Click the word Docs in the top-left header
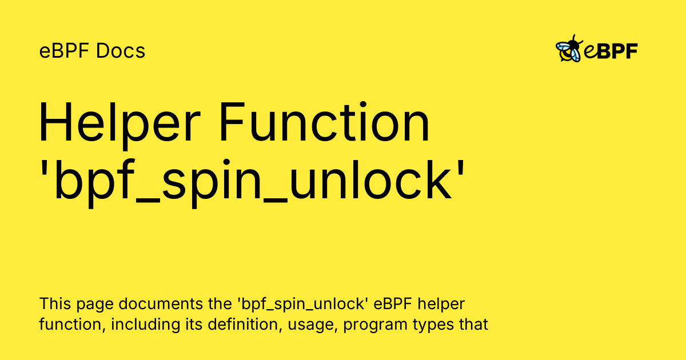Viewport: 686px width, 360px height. coord(121,50)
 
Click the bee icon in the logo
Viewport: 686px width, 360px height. coord(569,49)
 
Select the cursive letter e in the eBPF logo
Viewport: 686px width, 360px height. coord(590,51)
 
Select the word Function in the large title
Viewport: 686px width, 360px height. coord(325,122)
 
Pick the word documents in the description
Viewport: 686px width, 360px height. coord(161,303)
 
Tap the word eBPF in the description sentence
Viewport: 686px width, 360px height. coord(393,303)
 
